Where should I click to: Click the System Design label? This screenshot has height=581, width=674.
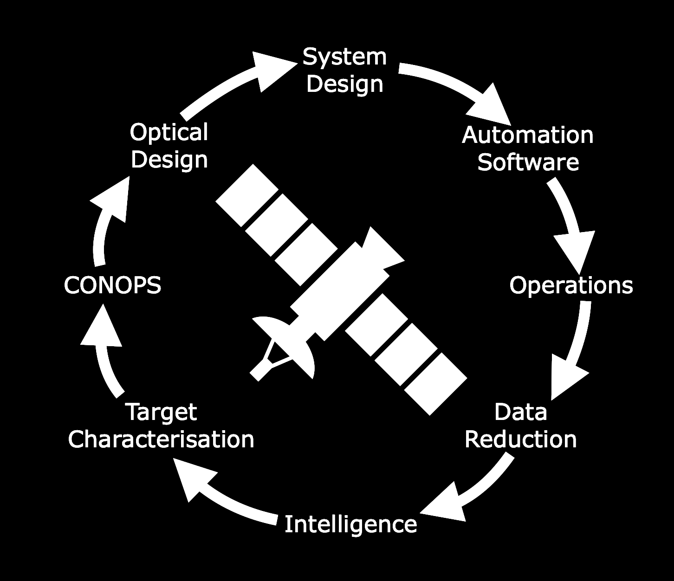345,71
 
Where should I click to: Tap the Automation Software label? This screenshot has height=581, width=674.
528,148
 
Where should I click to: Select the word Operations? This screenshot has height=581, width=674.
571,285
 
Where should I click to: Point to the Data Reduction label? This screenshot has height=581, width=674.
520,426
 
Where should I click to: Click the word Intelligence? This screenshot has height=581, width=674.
350,524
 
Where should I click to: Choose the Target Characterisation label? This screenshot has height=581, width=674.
161,426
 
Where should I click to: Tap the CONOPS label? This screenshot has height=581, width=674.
112,285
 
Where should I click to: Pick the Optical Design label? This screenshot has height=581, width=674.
169,146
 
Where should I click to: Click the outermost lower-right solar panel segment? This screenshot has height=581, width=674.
435,383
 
